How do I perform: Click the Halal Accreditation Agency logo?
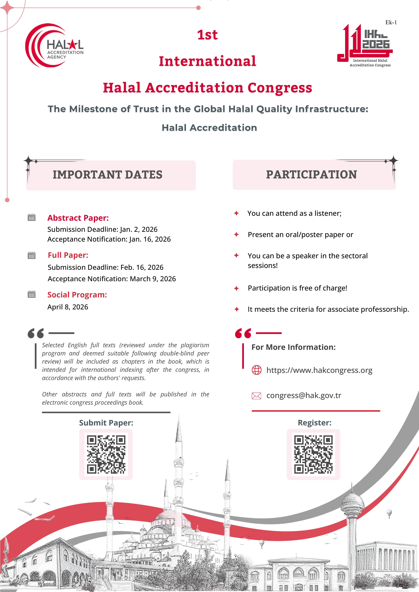pyautogui.click(x=54, y=46)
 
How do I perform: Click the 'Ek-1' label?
pyautogui.click(x=391, y=22)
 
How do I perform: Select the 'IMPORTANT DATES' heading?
pyautogui.click(x=108, y=175)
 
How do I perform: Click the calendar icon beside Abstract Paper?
pyautogui.click(x=32, y=217)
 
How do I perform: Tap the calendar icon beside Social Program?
pyautogui.click(x=32, y=294)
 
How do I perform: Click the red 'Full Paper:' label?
pyautogui.click(x=68, y=255)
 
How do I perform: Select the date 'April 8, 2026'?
pyautogui.click(x=68, y=307)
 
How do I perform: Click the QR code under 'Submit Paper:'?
pyautogui.click(x=106, y=455)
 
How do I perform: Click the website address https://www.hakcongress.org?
pyautogui.click(x=319, y=370)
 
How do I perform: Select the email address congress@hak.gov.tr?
pyautogui.click(x=304, y=395)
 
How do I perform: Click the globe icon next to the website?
pyautogui.click(x=256, y=370)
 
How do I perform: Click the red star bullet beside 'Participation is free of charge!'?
pyautogui.click(x=236, y=288)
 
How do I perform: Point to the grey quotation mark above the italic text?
pyautogui.click(x=36, y=333)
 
